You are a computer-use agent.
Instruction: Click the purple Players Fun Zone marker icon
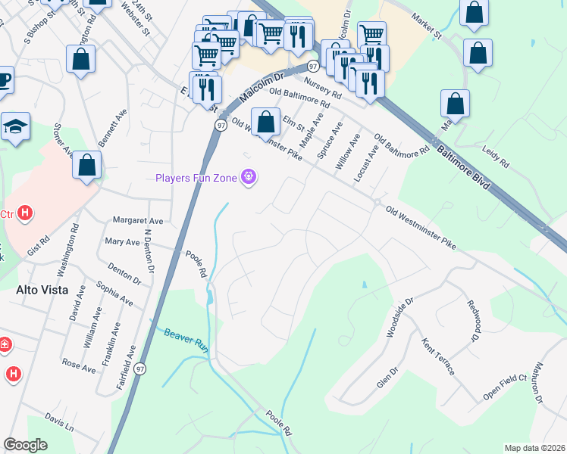pyautogui.click(x=248, y=179)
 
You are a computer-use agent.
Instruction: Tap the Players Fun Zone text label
pyautogui.click(x=196, y=179)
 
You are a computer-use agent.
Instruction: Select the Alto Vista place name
pyautogui.click(x=42, y=290)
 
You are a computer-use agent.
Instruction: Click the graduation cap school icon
pyautogui.click(x=15, y=127)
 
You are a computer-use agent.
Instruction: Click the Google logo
pyautogui.click(x=25, y=445)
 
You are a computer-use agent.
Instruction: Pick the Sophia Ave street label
pyautogui.click(x=114, y=294)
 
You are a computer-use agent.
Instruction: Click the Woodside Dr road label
pyautogui.click(x=399, y=317)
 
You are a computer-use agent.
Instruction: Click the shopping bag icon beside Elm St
pyautogui.click(x=265, y=122)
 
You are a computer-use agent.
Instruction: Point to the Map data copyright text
pyautogui.click(x=534, y=447)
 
